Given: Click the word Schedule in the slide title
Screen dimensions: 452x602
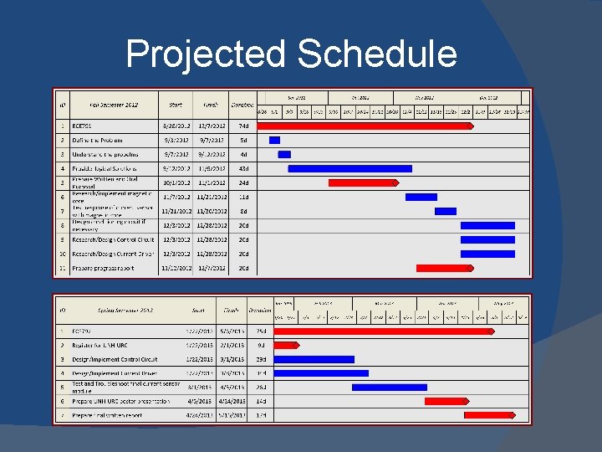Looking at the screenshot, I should [x=377, y=54].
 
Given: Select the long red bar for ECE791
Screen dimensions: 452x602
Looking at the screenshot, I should [x=365, y=126].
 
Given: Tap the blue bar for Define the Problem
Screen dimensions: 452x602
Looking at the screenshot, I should [x=274, y=140].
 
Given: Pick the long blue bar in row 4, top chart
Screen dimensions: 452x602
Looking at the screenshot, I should [x=349, y=168].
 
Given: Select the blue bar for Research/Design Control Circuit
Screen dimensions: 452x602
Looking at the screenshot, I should [x=487, y=239].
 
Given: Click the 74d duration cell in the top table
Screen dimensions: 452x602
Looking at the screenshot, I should [x=242, y=126].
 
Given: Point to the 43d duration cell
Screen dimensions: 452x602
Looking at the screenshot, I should [x=242, y=168].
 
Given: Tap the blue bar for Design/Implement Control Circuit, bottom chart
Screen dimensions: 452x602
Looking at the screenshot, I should [x=314, y=359].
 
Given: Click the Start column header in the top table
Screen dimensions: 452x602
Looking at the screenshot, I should [x=176, y=105].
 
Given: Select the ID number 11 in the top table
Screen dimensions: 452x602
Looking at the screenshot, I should [x=62, y=268].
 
